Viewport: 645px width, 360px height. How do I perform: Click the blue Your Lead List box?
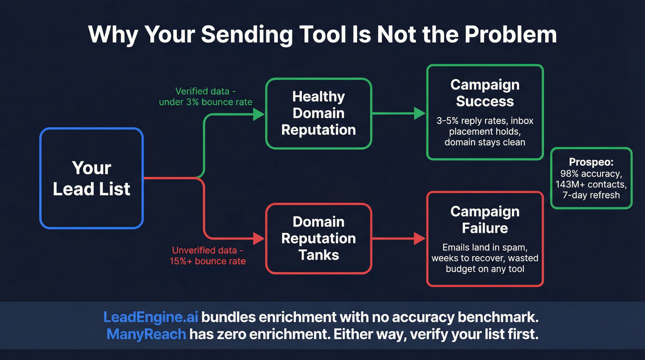click(92, 178)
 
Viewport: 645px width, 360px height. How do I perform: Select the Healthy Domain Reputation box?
click(318, 113)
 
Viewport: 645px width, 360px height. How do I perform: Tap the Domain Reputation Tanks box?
click(318, 238)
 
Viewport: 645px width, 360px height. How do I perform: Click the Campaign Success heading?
click(485, 93)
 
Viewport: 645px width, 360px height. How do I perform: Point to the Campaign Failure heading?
click(485, 220)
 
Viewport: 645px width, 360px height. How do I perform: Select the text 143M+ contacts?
click(591, 184)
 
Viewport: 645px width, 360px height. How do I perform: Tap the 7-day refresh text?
click(591, 195)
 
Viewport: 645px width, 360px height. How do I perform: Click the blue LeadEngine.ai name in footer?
click(151, 318)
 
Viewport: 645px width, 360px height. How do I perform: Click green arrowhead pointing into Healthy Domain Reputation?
click(259, 114)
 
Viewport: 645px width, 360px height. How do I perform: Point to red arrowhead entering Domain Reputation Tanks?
click(259, 239)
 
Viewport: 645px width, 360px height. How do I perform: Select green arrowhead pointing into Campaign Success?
click(420, 113)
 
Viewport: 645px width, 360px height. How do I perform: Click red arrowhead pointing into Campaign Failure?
click(420, 238)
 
